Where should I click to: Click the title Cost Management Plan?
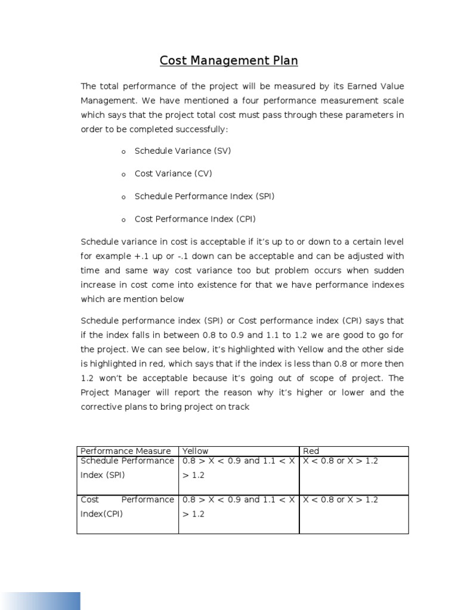click(229, 61)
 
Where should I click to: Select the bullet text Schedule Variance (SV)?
click(182, 151)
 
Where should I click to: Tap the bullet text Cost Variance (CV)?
click(173, 173)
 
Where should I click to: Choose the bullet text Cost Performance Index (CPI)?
click(195, 219)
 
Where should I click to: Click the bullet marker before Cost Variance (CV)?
click(123, 175)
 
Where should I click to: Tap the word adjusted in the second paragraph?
click(363, 256)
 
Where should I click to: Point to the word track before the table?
click(238, 407)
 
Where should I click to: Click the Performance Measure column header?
click(125, 451)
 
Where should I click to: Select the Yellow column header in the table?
click(196, 451)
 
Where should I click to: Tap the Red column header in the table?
click(311, 451)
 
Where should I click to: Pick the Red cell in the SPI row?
click(353, 475)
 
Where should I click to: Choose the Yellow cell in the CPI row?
click(239, 506)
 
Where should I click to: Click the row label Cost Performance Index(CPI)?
click(127, 506)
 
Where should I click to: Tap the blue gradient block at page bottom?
click(40, 592)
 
